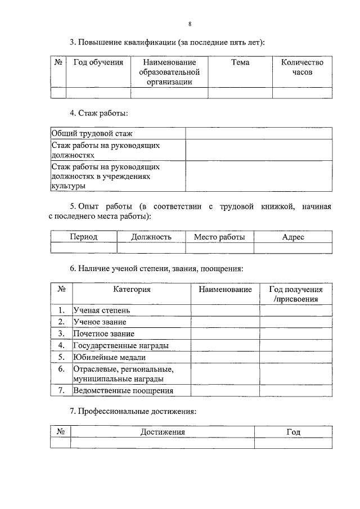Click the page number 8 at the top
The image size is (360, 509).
190,24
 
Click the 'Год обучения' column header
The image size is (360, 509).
98,62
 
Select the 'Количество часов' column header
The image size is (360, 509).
302,67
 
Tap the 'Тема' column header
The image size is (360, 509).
240,62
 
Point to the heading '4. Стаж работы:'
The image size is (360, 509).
98,113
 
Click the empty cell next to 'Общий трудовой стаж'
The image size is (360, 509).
259,133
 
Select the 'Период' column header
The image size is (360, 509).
84,237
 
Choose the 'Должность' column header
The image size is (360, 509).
151,237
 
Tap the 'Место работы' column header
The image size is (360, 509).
219,237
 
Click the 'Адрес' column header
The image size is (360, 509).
292,237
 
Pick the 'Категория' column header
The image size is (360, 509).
132,289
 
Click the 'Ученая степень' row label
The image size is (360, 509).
102,310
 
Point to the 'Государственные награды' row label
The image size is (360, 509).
121,345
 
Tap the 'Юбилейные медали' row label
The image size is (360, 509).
110,357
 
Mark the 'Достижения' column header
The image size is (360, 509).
162,431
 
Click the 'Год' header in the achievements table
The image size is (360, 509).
292,431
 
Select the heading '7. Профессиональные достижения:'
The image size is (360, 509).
133,411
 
